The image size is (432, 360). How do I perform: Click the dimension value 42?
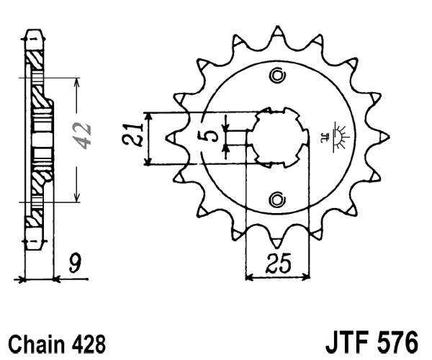[x=86, y=135]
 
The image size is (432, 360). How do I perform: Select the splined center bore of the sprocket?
[x=276, y=137]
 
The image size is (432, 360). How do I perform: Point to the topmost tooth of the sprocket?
[x=277, y=32]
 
